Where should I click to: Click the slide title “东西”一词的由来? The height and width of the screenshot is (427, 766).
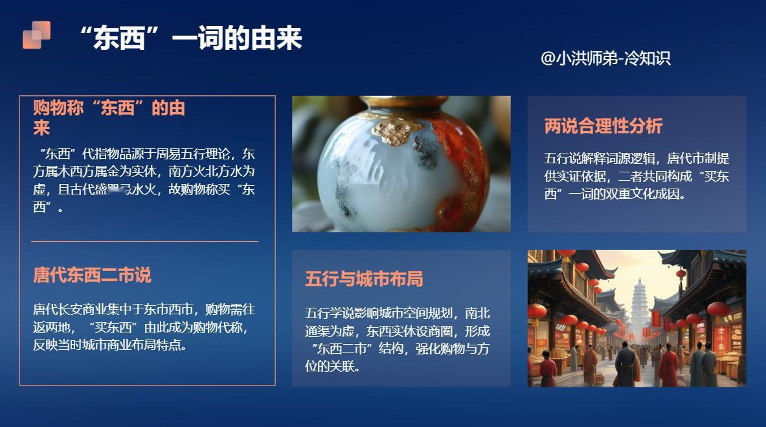click(x=190, y=38)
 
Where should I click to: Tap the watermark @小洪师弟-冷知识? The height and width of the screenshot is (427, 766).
click(x=605, y=58)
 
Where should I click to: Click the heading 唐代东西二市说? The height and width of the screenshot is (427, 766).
click(x=92, y=275)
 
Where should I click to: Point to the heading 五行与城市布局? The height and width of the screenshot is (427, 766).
click(x=364, y=279)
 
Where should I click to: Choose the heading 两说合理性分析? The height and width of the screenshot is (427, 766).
click(x=603, y=126)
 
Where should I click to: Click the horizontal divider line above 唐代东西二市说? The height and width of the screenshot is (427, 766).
click(x=144, y=241)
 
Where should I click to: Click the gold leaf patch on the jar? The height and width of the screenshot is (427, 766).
click(x=392, y=129)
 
